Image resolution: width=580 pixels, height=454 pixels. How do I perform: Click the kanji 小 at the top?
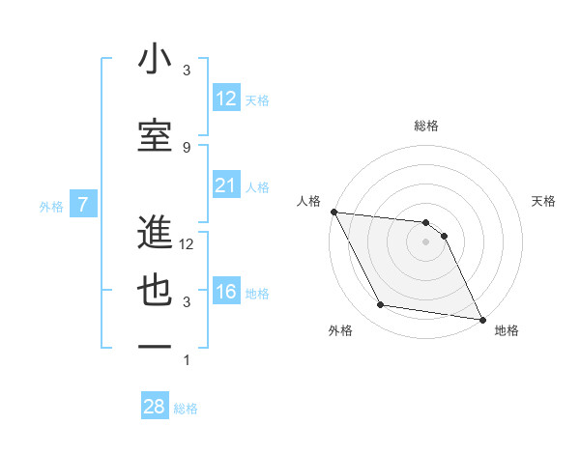coord(155,60)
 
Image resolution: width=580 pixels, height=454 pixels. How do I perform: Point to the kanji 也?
coord(155,291)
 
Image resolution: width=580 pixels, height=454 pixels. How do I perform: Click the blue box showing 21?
coord(225,186)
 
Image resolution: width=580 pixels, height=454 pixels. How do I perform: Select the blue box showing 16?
coord(225,293)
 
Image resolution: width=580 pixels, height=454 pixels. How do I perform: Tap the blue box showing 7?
coord(84,205)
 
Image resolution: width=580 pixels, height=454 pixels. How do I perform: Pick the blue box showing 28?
coord(154,407)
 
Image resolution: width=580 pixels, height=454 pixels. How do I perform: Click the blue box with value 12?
coord(225,99)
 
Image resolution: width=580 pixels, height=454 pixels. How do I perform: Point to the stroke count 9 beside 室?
coord(186,147)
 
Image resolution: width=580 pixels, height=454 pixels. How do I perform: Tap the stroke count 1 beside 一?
coord(186,360)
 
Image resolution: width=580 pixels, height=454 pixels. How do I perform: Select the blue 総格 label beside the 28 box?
coord(186,409)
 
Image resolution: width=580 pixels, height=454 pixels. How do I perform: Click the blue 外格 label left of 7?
coord(51,206)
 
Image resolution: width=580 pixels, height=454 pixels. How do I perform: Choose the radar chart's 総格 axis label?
coord(426,126)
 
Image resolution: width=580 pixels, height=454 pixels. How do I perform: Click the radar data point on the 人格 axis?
coord(333,212)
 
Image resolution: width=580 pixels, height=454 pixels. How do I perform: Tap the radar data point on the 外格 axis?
coord(381,305)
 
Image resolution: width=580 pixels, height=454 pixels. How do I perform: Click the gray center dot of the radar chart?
coord(426,241)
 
